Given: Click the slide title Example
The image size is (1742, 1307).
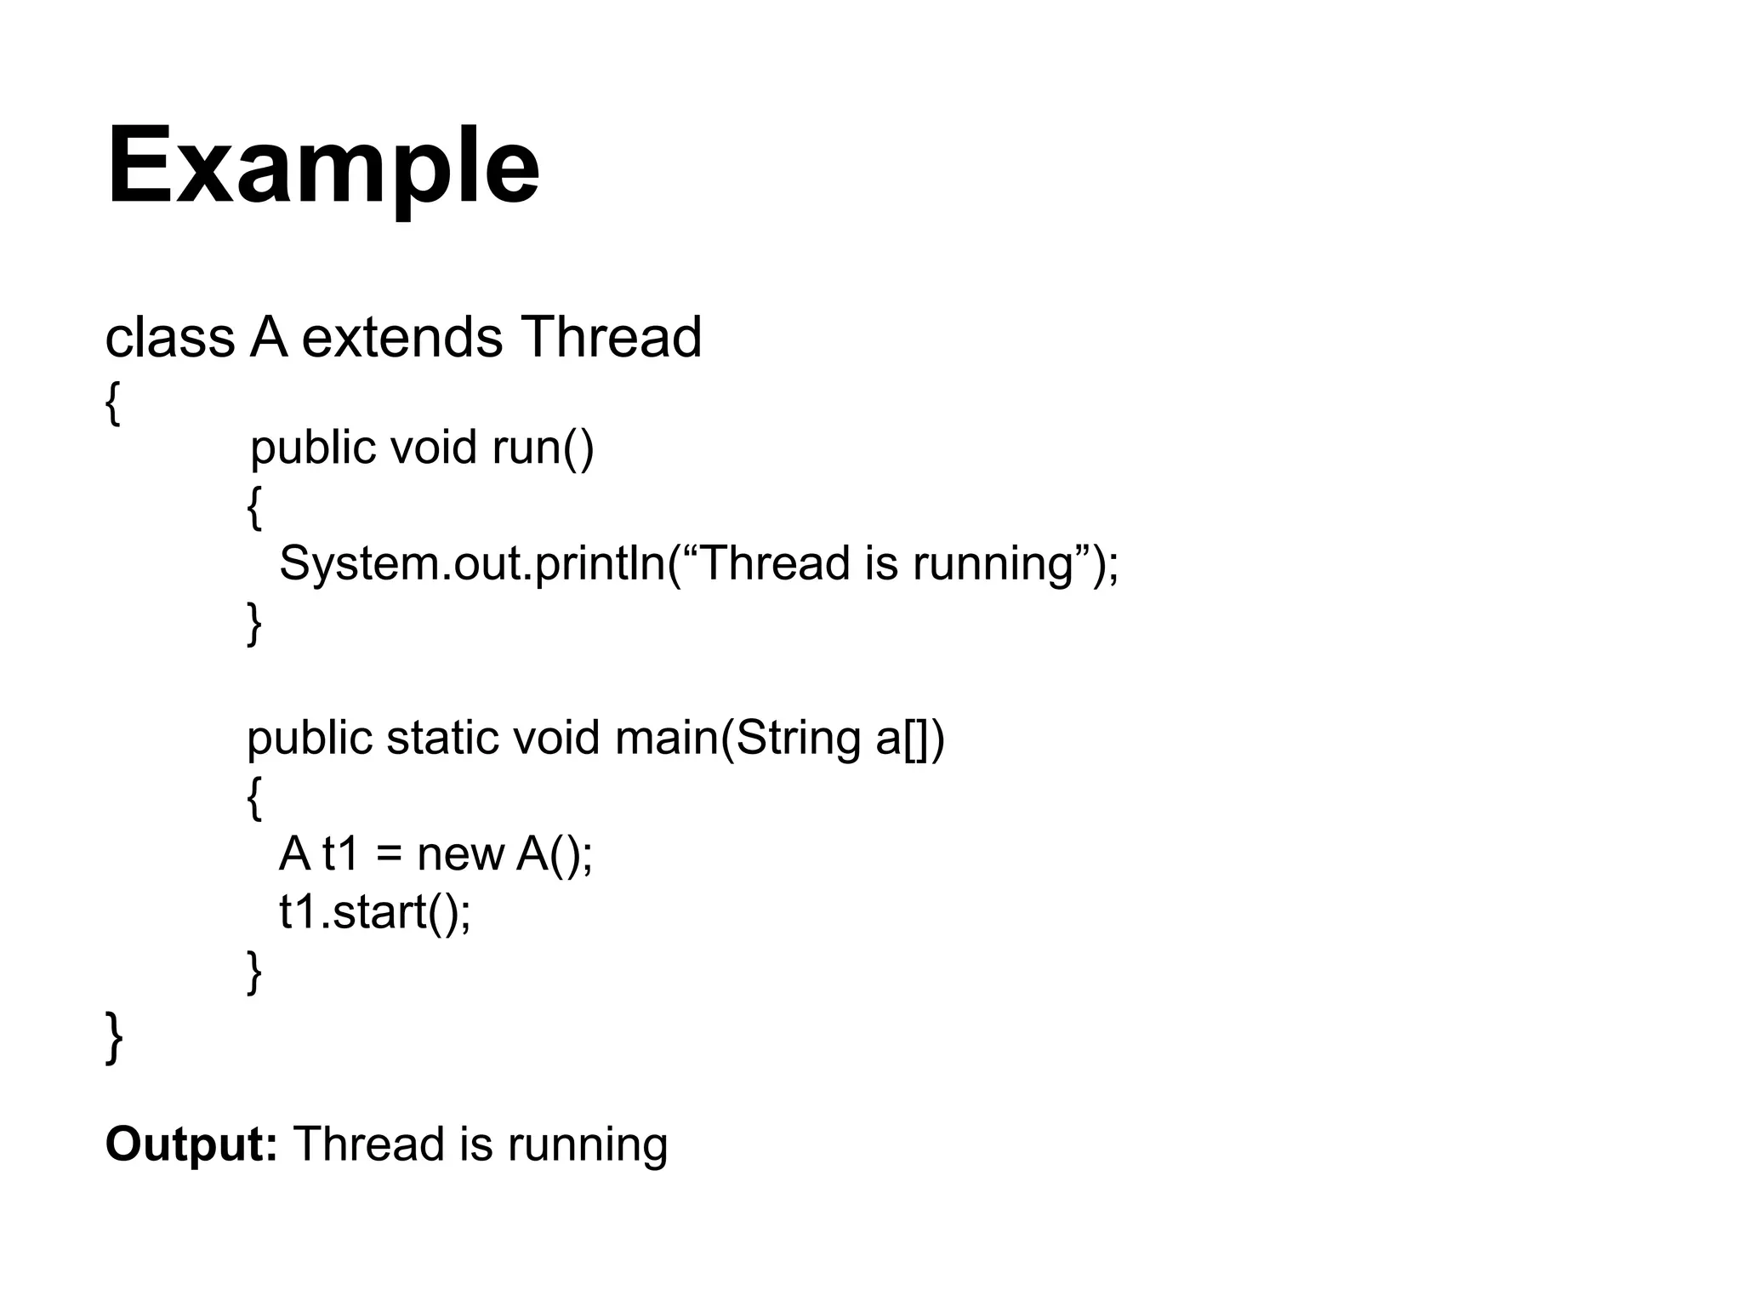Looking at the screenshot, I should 323,166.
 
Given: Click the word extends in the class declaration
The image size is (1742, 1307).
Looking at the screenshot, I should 402,337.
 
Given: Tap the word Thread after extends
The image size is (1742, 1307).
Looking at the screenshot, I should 611,337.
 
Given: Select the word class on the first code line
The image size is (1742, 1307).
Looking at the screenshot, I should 169,337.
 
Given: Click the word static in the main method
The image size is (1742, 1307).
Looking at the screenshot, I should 442,737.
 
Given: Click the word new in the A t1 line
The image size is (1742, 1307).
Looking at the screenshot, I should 460,853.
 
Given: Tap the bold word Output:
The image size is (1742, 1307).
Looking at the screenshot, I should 191,1144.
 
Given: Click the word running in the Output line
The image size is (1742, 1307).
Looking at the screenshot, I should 588,1144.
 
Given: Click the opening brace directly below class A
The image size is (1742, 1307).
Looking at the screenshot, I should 112,403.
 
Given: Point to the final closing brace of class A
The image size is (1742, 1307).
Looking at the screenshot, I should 113,1037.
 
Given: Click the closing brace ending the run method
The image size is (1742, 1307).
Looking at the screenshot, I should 253,623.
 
